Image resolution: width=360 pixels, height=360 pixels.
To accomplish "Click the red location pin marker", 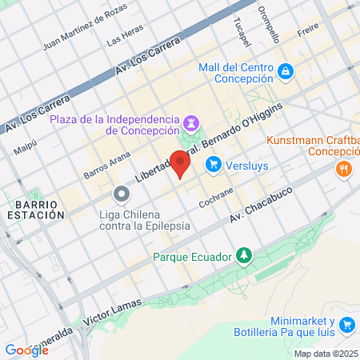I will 181,163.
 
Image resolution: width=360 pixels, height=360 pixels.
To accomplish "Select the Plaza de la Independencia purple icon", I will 192,123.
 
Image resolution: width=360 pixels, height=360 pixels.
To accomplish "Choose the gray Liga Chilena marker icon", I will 121,194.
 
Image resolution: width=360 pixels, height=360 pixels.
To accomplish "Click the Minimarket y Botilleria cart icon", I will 347,325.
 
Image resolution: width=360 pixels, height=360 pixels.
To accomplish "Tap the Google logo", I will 26,350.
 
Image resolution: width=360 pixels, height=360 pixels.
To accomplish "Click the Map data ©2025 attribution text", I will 326,354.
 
